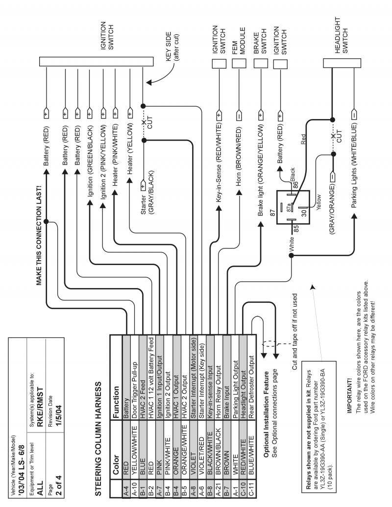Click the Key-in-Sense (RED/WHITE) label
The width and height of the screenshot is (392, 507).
point(219,161)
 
